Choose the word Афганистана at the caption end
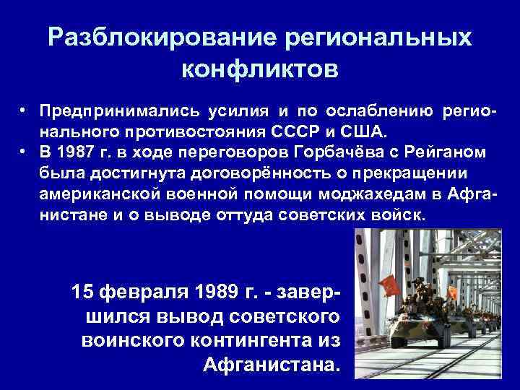coord(270,363)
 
